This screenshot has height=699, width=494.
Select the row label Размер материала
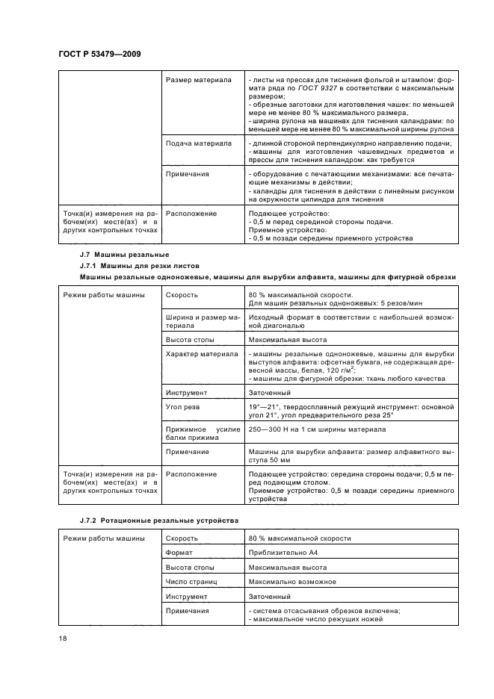coord(197,80)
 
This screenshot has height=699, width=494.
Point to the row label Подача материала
coord(197,142)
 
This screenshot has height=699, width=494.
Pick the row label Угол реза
coord(185,406)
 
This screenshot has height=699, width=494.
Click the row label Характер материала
coord(201,353)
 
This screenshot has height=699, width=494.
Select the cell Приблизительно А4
coord(281,553)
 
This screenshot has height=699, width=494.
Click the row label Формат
coord(179,553)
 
